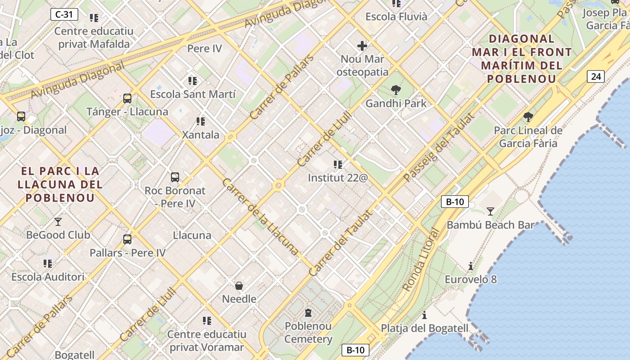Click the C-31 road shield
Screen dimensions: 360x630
click(64, 14)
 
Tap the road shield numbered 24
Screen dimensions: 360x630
click(596, 76)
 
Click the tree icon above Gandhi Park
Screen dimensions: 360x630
click(396, 90)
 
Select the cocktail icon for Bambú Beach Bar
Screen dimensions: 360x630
click(490, 211)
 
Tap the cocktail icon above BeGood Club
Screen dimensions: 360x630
click(58, 221)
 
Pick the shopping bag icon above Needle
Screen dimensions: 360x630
click(239, 286)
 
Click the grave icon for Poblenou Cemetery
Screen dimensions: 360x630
click(308, 312)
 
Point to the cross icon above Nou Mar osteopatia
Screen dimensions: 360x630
click(362, 46)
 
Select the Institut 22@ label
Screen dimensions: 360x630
click(338, 178)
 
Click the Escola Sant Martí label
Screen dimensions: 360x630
click(193, 94)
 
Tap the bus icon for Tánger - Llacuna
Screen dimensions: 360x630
click(127, 98)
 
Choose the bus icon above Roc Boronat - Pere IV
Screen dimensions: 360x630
click(175, 177)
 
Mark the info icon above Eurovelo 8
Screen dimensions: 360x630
click(471, 266)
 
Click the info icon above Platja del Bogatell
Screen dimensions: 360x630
click(424, 315)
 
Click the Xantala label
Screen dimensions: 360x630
click(201, 135)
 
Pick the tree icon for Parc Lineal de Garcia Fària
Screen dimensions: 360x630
click(528, 117)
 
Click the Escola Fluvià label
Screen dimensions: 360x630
click(396, 17)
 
